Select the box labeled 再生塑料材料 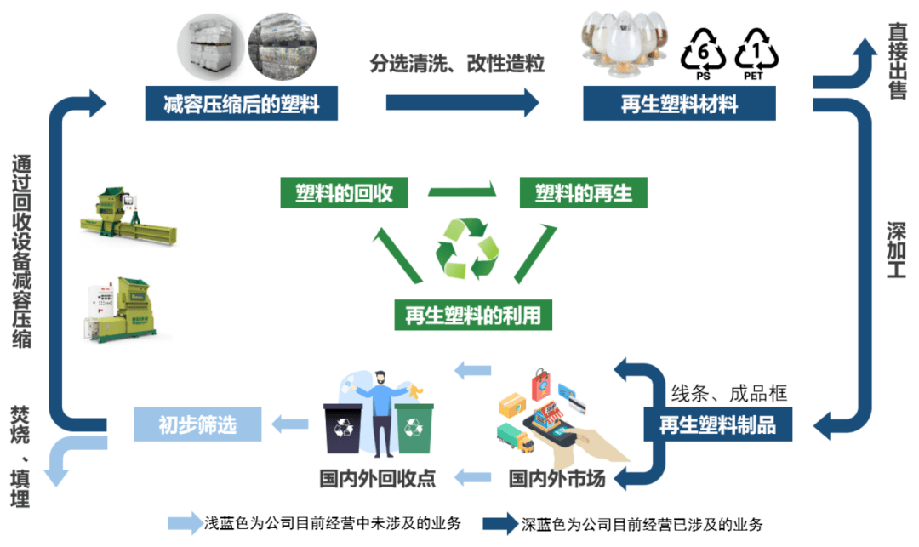coord(679,105)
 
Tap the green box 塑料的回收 coord(344,193)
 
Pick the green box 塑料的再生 coord(584,193)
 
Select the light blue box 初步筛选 coord(197,424)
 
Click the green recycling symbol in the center coord(467,248)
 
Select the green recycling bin coord(415,428)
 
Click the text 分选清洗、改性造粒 coord(457,65)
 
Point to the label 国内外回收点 coord(377,479)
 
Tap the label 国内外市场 coord(557,479)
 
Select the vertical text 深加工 coord(896,251)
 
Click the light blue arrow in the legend coord(185,523)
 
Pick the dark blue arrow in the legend coord(499,523)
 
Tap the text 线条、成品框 coord(728,394)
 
